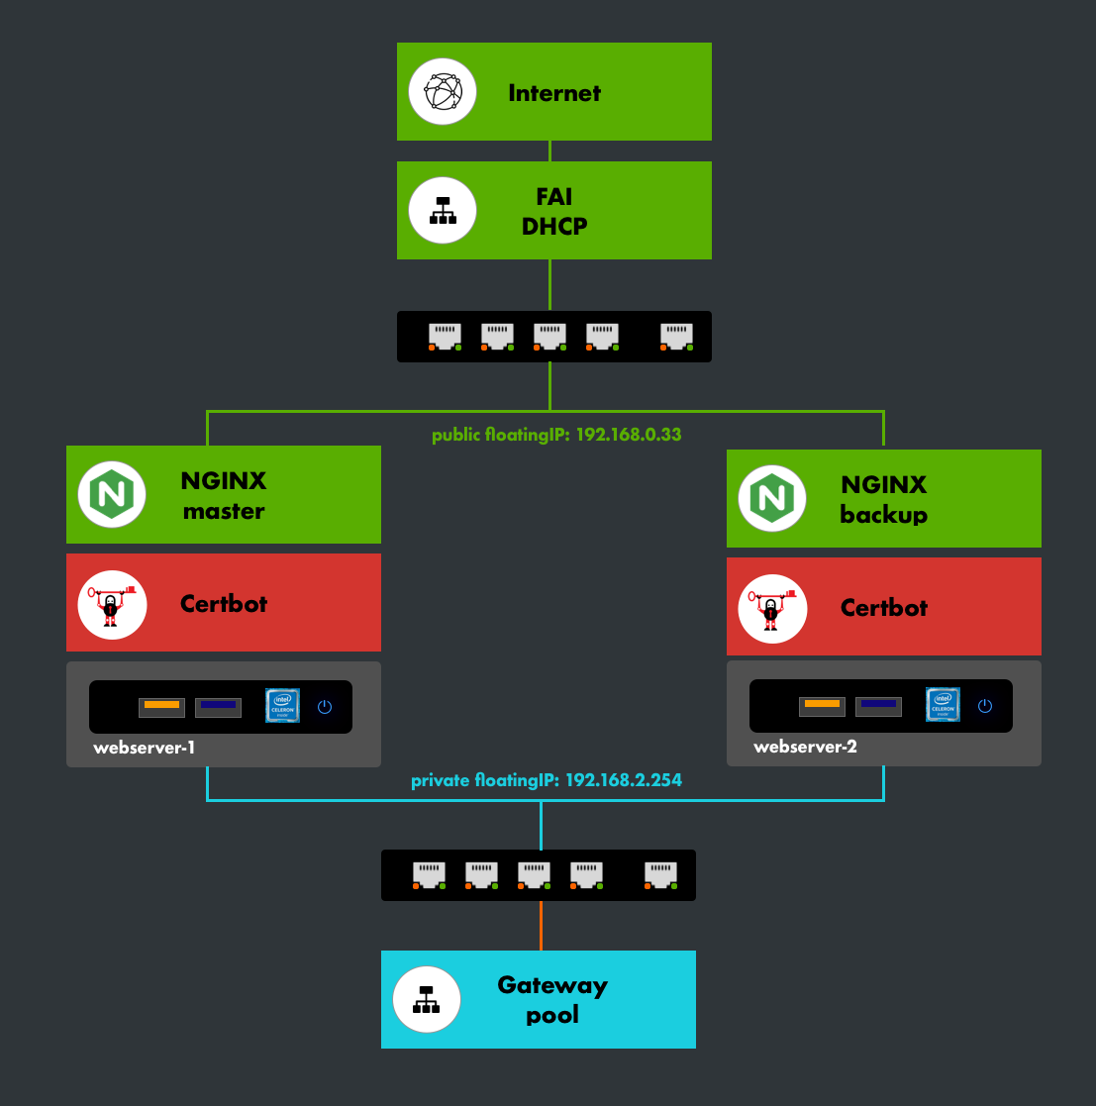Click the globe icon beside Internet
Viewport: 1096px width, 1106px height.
click(443, 92)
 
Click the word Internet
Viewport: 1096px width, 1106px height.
click(554, 93)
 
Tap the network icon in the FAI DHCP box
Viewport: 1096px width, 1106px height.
click(443, 211)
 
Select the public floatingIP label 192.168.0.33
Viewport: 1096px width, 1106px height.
click(556, 435)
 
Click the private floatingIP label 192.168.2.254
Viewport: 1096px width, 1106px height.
click(547, 780)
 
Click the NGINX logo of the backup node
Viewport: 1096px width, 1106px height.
click(772, 499)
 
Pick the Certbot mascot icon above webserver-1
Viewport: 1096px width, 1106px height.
click(112, 604)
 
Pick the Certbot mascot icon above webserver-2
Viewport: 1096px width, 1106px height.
click(772, 608)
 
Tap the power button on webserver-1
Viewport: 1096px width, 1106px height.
click(324, 707)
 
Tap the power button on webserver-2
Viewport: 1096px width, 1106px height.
click(984, 706)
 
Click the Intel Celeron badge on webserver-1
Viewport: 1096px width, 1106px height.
click(282, 706)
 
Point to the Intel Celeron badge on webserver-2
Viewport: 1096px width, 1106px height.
click(943, 705)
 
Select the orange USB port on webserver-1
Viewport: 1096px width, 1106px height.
click(161, 706)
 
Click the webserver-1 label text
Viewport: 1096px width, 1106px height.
click(144, 748)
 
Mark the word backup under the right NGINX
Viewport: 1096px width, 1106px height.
click(883, 515)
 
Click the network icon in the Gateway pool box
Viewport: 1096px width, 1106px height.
click(427, 1000)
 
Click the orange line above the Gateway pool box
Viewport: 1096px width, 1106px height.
click(541, 926)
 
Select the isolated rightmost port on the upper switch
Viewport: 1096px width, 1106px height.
click(677, 336)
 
